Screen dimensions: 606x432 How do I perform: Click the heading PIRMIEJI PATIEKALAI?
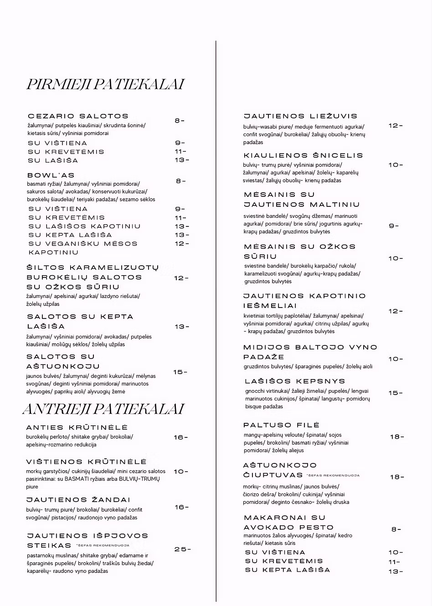[105, 85]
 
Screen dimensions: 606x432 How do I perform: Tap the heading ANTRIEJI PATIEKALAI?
[103, 409]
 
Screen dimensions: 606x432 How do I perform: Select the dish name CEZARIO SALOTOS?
[78, 116]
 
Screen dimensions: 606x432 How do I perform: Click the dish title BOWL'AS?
[51, 175]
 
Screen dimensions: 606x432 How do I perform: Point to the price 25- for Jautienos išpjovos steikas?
[182, 550]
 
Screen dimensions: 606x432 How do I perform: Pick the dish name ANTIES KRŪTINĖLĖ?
[77, 427]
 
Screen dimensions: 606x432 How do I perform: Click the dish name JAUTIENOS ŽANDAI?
[78, 500]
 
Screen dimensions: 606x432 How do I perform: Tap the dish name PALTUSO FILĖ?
[282, 425]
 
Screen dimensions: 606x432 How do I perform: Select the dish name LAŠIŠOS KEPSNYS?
[295, 381]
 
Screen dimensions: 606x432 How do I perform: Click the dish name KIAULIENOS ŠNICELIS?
[303, 155]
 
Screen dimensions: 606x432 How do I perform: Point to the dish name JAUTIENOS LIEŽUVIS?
[301, 116]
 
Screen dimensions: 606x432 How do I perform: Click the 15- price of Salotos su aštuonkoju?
[180, 372]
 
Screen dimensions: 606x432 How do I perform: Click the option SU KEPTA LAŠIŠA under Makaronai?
[288, 570]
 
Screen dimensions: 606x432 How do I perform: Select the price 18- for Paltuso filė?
[397, 437]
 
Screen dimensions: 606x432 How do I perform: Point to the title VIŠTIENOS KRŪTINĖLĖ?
[87, 462]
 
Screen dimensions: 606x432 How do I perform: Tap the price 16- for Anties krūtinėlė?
[181, 437]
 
